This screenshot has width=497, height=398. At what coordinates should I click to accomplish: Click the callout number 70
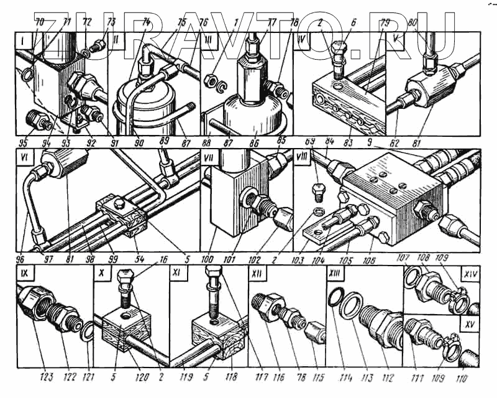click(42, 22)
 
